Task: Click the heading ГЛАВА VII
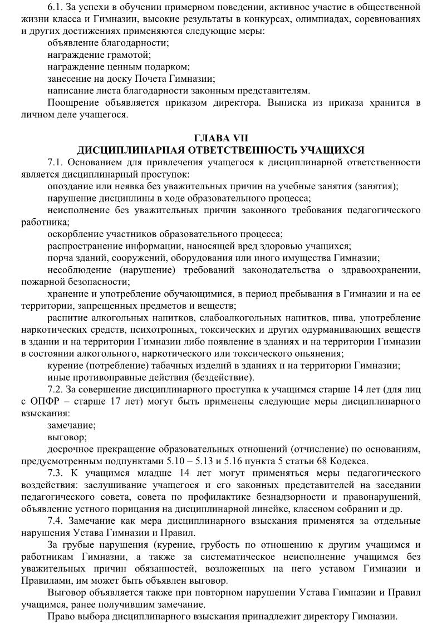coord(221,139)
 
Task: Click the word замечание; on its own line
coord(71,425)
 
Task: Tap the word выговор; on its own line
coord(67,437)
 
